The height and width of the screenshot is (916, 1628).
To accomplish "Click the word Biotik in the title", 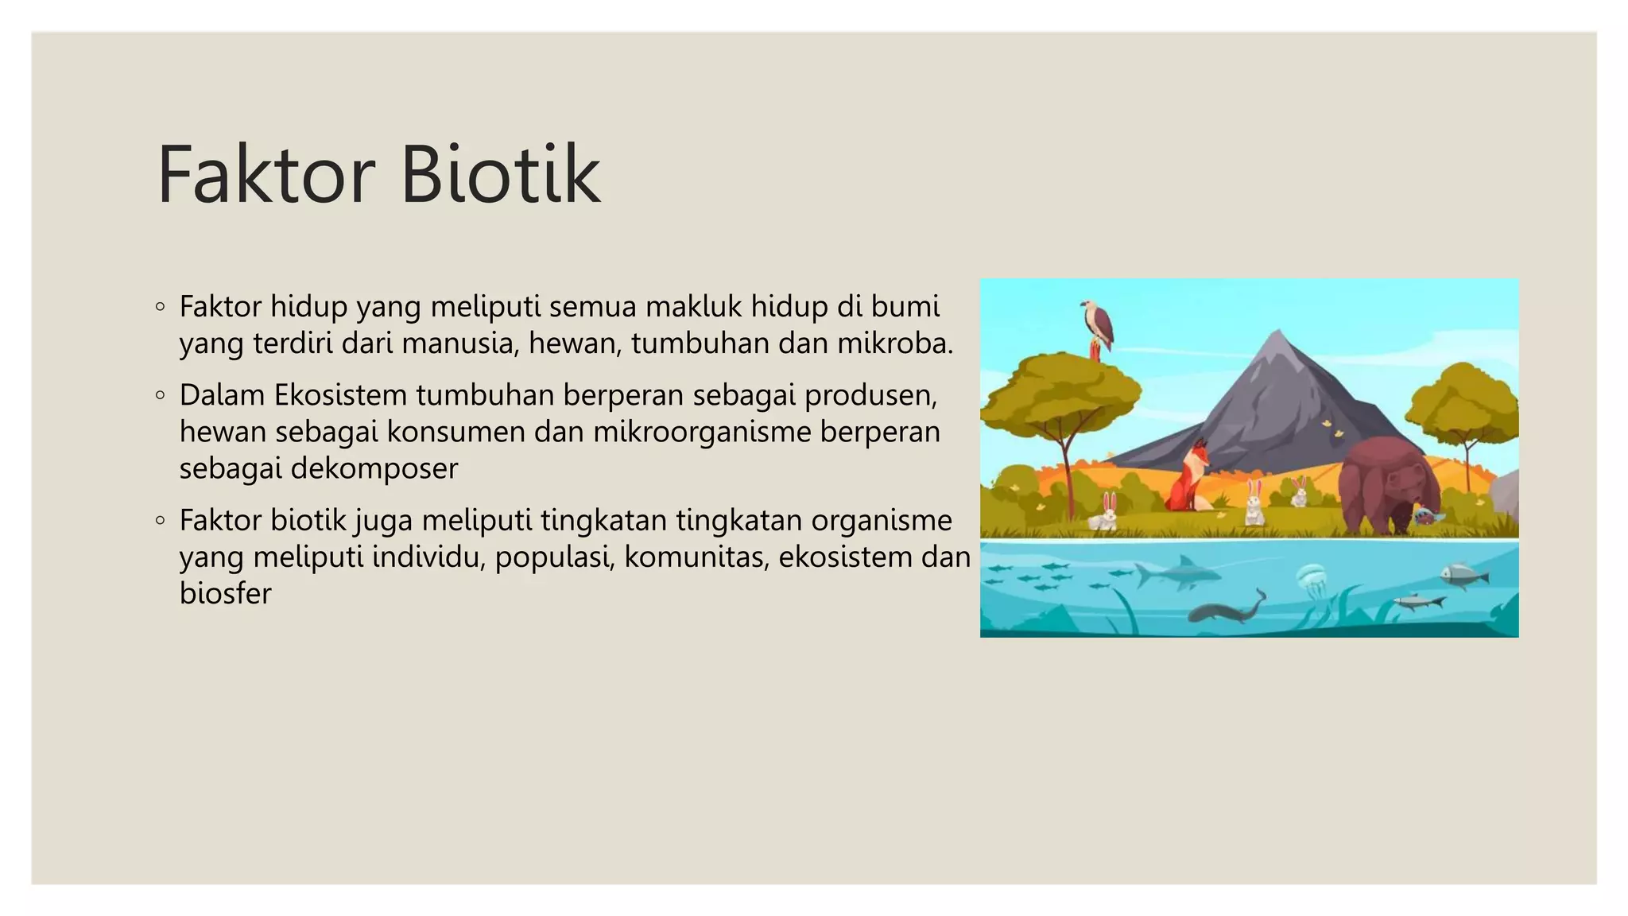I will [x=500, y=174].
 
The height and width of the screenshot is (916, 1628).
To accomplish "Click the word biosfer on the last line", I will [x=225, y=593].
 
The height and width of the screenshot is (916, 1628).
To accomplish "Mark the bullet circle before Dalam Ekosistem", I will [x=161, y=394].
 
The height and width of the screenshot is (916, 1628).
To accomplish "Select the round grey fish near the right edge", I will [x=1463, y=574].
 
